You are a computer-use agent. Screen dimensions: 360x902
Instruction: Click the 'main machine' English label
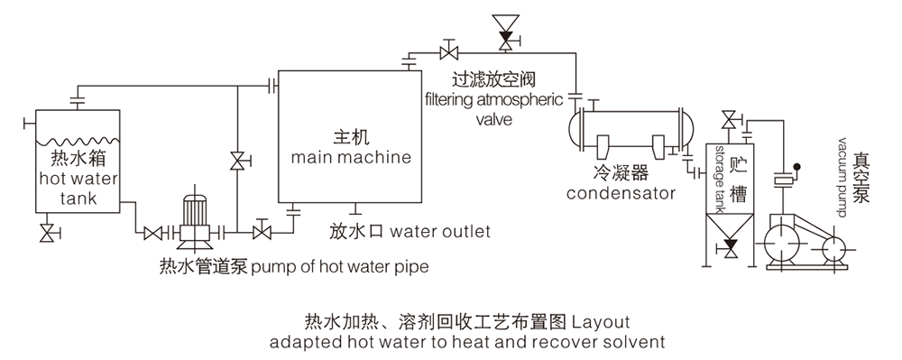click(351, 157)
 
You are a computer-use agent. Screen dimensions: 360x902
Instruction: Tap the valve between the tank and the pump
click(152, 234)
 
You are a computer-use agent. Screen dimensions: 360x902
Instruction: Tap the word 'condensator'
click(621, 193)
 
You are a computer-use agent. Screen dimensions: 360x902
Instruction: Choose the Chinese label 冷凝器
click(621, 173)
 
